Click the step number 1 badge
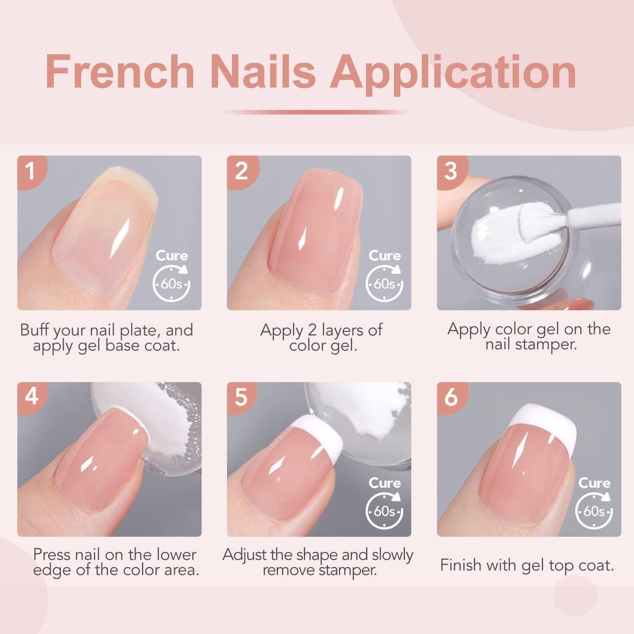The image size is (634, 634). click(30, 171)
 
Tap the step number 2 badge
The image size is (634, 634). click(241, 171)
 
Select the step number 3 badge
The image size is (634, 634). click(451, 171)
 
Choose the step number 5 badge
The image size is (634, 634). click(241, 397)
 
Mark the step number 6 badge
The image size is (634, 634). click(451, 397)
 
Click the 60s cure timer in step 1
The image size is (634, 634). click(171, 283)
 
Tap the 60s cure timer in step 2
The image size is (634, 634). click(384, 283)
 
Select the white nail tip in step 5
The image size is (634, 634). click(313, 431)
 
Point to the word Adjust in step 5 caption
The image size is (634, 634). click(246, 555)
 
